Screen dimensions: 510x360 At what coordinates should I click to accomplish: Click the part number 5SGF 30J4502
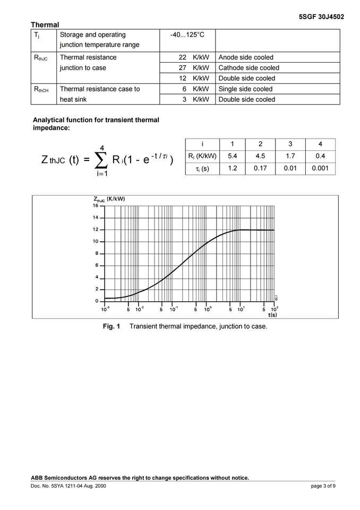coord(322,16)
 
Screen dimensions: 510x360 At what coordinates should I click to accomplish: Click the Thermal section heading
coord(45,24)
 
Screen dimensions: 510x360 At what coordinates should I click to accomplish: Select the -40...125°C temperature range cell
coord(187,35)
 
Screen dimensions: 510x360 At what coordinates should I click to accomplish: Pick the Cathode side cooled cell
coord(248,68)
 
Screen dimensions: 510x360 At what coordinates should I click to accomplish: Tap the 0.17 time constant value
coord(260,168)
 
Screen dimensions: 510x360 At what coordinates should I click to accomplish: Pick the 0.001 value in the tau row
coord(320,168)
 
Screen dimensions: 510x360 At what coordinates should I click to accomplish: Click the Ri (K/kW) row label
coord(202,156)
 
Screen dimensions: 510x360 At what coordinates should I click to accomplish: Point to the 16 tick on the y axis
coord(96,206)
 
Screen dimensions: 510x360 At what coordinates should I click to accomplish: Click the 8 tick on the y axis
coord(96,253)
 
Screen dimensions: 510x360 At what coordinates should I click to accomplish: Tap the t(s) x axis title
coord(272,314)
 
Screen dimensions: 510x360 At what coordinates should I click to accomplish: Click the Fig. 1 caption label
coord(112,326)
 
